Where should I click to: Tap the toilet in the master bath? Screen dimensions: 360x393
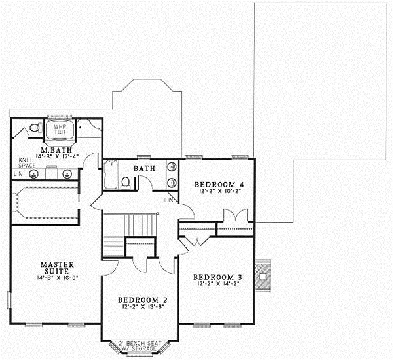31,130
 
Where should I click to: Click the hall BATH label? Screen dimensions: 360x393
144,169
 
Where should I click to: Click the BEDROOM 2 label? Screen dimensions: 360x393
140,300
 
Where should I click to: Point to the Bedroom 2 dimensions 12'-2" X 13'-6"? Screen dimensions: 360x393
140,308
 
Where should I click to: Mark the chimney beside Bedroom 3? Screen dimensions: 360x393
264,276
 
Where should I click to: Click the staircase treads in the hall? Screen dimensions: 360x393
115,245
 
